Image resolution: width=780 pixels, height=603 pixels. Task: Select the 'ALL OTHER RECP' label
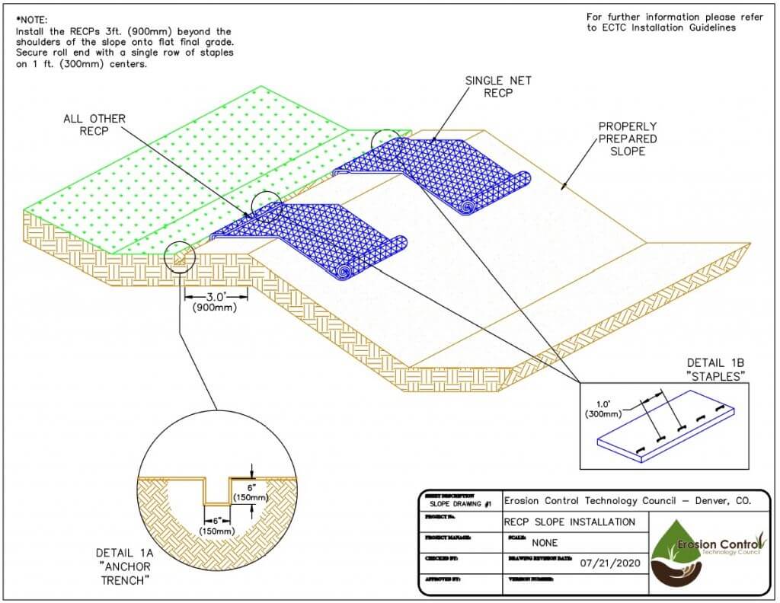coord(94,126)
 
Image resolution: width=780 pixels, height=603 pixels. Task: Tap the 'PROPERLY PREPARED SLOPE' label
coord(627,139)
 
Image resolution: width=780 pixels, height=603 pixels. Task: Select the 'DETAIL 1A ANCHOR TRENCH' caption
coord(123,566)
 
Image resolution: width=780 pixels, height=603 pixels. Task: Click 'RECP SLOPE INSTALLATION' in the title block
coord(569,522)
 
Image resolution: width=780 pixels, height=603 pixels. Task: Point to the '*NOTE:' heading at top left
coord(32,19)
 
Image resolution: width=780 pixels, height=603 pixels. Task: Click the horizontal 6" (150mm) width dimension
coord(216,525)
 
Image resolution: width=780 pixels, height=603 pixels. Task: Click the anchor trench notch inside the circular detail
coord(217,491)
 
